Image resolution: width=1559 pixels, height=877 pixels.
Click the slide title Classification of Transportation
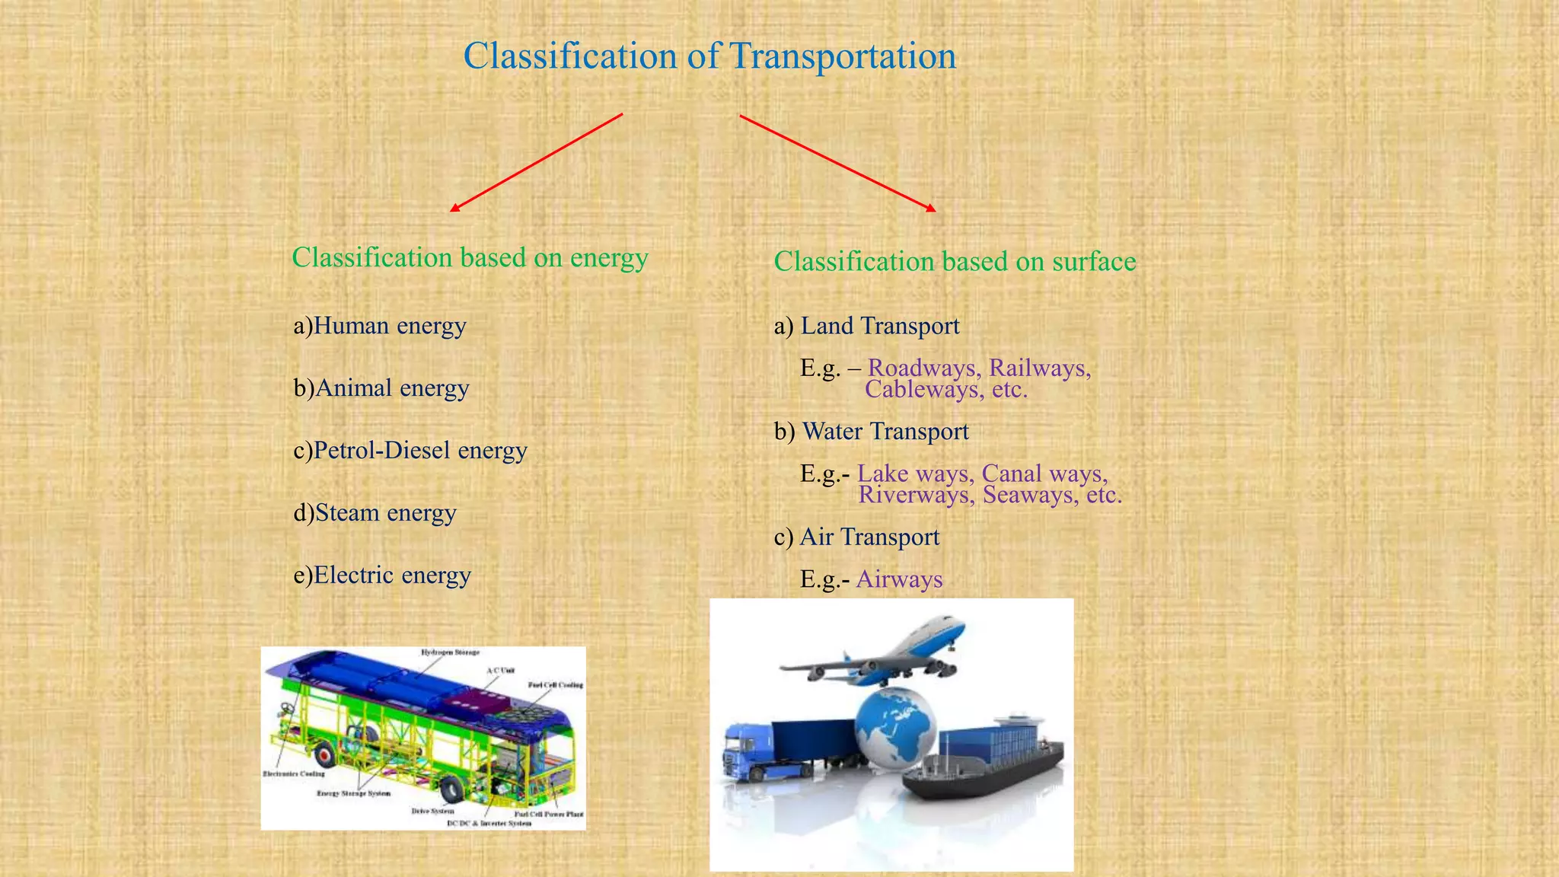pos(709,56)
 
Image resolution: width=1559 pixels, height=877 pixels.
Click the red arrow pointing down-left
pos(537,162)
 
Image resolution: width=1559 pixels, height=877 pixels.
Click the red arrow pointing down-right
pos(837,163)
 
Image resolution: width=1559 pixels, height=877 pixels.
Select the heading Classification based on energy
pos(470,257)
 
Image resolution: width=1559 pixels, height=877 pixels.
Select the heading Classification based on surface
pos(955,262)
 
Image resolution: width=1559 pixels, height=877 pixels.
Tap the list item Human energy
pos(380,326)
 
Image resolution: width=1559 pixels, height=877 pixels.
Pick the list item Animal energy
pos(381,388)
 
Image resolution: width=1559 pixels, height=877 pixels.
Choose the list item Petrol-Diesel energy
pos(410,451)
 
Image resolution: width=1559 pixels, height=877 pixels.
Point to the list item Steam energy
pos(375,513)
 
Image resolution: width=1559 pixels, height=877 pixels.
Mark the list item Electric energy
pos(382,576)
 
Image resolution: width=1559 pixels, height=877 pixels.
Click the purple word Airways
pos(899,579)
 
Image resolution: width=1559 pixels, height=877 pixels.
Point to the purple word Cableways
pos(921,390)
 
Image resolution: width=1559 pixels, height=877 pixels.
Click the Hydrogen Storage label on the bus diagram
pos(451,652)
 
